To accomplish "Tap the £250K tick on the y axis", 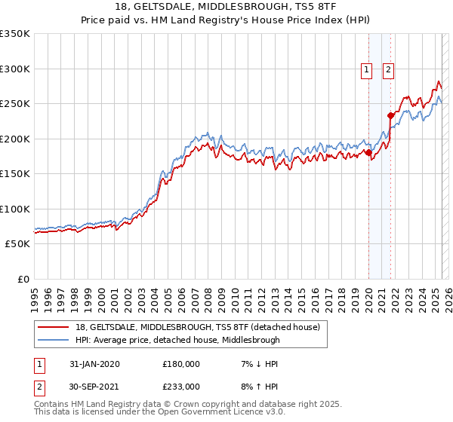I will click(x=14, y=104).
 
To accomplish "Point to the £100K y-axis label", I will click(x=14, y=209).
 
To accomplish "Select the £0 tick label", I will click(x=23, y=279).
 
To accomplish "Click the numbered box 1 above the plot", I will click(x=366, y=70).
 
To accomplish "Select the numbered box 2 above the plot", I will click(x=388, y=70).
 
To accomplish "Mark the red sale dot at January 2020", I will click(x=368, y=153).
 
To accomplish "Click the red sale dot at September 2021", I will click(x=390, y=115).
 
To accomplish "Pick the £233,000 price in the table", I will click(x=181, y=386).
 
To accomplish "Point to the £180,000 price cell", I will click(x=181, y=364).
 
